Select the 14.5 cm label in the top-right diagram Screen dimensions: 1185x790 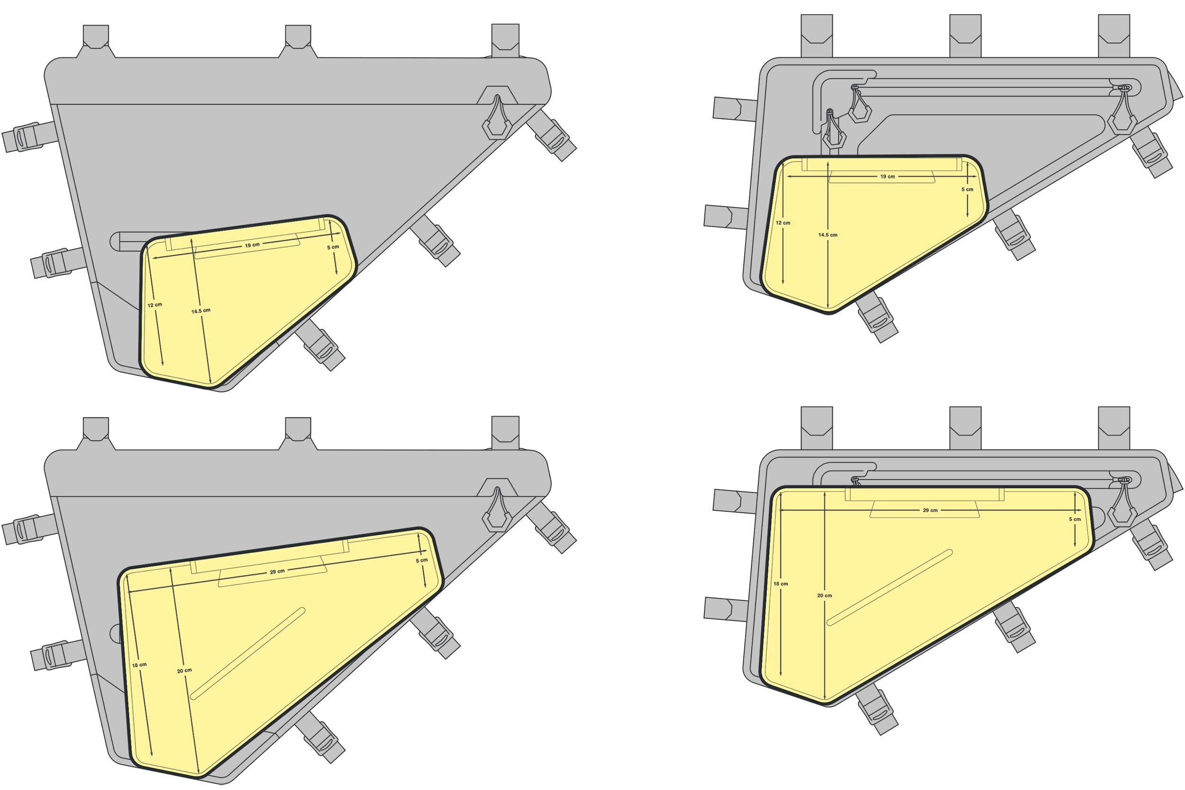[x=828, y=235]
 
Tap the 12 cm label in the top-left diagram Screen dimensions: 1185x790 [x=155, y=305]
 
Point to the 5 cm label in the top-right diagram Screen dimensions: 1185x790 [x=967, y=190]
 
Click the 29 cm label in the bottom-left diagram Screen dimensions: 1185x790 [x=277, y=572]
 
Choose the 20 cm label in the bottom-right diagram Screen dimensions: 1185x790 [x=825, y=596]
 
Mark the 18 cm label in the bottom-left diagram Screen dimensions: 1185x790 [x=139, y=665]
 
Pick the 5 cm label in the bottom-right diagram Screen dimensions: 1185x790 [x=1075, y=519]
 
